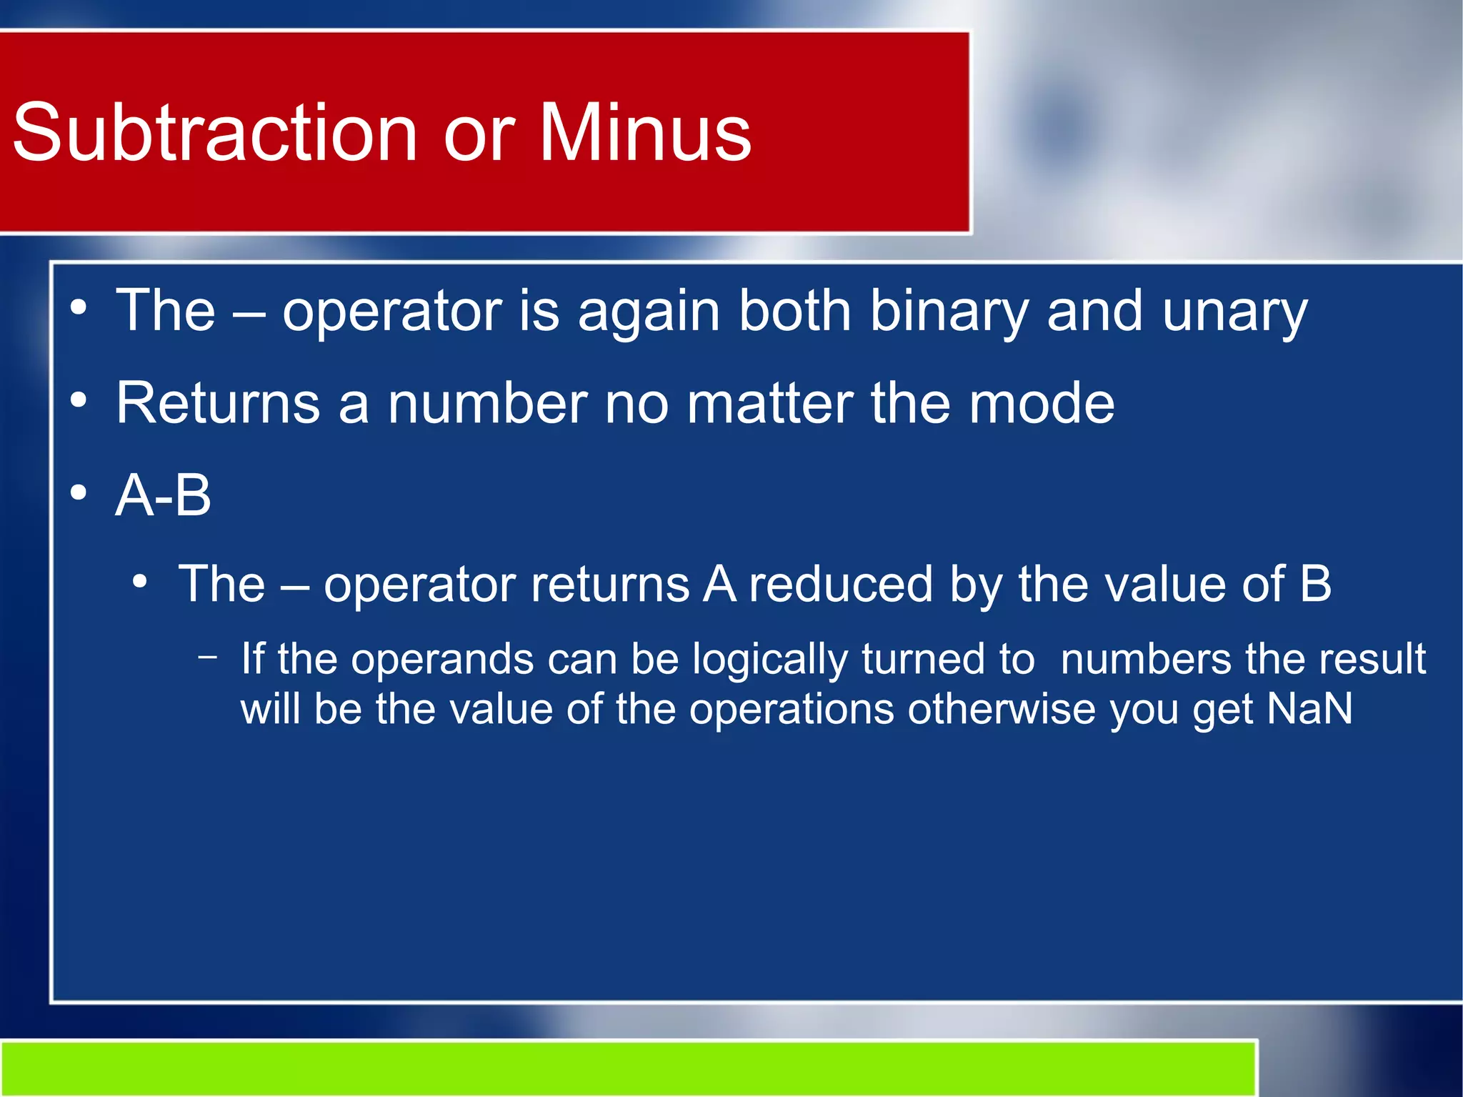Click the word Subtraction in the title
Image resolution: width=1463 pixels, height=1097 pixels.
coord(214,133)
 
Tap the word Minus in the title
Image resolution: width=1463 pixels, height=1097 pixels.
coord(644,133)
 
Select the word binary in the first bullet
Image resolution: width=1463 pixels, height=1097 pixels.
coord(948,312)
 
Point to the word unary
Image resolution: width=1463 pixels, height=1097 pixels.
coord(1234,313)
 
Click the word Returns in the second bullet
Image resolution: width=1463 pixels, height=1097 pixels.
coord(218,403)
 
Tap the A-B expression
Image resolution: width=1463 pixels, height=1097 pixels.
coord(164,495)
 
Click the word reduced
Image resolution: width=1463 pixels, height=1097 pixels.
coord(841,584)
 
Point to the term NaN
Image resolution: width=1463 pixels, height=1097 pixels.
coord(1309,709)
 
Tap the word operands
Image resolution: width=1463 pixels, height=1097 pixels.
coord(442,659)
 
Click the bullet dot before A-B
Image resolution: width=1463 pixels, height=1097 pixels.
coord(79,492)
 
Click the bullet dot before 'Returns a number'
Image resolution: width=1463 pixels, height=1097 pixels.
coord(79,401)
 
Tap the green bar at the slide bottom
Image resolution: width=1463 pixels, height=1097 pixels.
coord(629,1068)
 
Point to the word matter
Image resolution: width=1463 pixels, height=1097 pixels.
coord(770,403)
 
